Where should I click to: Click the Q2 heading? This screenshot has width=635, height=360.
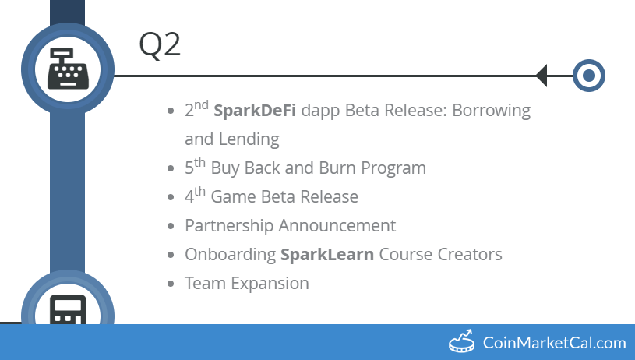(160, 44)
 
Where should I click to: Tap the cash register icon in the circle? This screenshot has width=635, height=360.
(68, 68)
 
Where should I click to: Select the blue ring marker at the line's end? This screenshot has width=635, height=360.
(589, 76)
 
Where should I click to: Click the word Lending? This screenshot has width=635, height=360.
(252, 139)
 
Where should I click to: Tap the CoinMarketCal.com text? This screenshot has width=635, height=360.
(554, 343)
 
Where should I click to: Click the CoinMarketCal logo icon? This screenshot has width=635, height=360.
(461, 341)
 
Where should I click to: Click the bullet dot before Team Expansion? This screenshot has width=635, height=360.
(171, 284)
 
